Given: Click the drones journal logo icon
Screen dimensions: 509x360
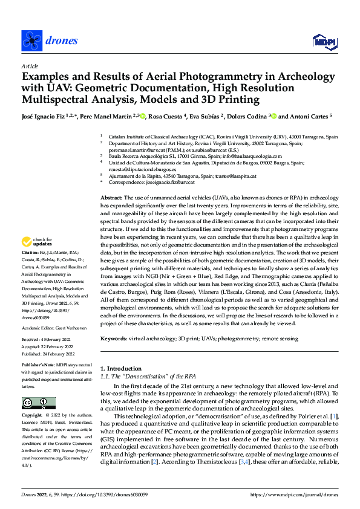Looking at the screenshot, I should click(x=31, y=41).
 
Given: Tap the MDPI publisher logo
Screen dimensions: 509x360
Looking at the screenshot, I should click(x=322, y=41).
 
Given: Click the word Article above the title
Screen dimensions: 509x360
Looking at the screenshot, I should click(x=30, y=66).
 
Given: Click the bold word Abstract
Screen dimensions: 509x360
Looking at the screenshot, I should click(x=111, y=198).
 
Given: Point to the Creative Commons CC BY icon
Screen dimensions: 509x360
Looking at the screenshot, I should click(x=38, y=403).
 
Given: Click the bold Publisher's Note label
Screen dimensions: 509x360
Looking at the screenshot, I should click(x=40, y=366).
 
